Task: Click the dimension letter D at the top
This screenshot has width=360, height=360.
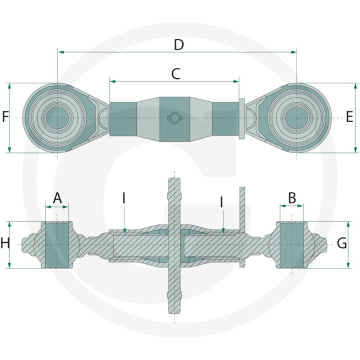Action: tap(178, 44)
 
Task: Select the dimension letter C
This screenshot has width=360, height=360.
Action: tap(175, 74)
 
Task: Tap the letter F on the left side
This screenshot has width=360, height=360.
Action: tap(5, 117)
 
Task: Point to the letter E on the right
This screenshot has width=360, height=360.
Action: tap(349, 117)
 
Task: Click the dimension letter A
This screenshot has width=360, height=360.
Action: tap(57, 197)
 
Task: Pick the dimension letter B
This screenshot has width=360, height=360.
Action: tap(292, 197)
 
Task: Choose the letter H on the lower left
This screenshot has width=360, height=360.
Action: tap(5, 244)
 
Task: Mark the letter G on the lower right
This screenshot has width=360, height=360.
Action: tap(341, 243)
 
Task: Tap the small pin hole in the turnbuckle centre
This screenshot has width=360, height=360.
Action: tap(173, 118)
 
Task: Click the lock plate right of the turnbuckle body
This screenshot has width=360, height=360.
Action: tap(242, 118)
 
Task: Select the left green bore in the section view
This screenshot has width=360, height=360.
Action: tap(57, 244)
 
